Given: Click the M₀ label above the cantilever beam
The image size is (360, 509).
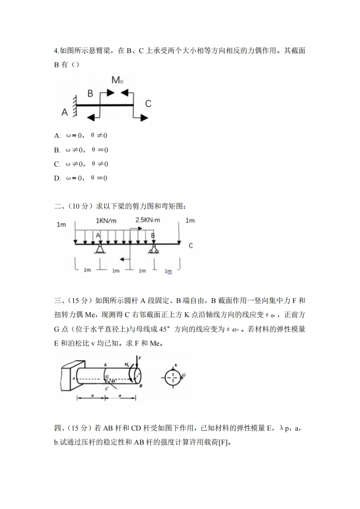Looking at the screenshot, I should point(117,81).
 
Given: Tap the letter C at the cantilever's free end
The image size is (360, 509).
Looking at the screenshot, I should point(148,104).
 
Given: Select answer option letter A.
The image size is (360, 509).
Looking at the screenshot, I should point(57,136).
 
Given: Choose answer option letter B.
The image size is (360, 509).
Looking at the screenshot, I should point(57,150).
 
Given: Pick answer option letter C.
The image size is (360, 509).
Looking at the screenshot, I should point(57,164).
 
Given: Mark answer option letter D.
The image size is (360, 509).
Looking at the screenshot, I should point(57,178).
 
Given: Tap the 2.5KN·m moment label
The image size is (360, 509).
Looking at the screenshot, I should point(148,220).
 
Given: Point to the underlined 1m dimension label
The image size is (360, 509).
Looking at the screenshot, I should point(169,271).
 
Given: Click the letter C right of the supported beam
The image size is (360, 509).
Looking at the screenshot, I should point(191,245).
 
